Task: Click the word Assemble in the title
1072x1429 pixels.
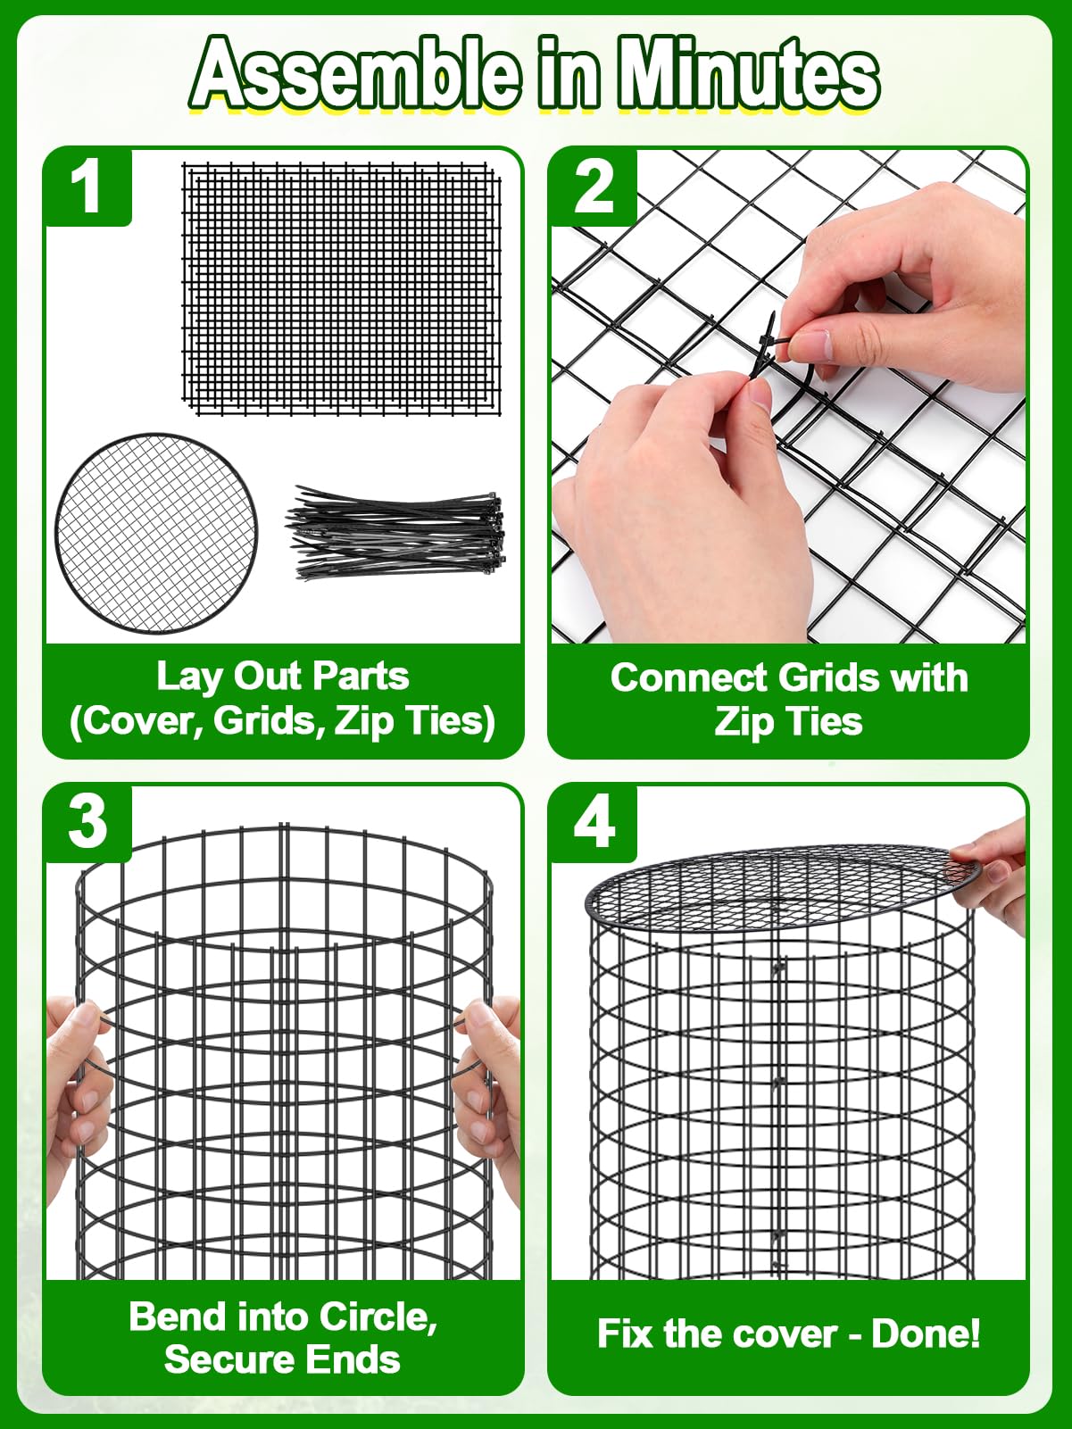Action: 357,75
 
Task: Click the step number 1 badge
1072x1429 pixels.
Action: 87,187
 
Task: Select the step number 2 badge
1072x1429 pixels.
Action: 593,187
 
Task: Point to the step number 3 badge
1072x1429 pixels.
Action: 87,824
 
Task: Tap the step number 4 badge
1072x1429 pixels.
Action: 593,824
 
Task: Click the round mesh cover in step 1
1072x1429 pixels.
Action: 156,534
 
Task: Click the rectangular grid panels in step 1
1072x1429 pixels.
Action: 342,288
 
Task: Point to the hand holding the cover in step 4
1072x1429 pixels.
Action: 989,872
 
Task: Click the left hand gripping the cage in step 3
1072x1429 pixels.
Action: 77,1107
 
